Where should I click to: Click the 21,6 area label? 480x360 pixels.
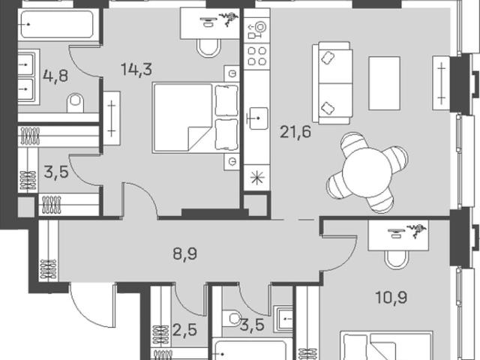(x=295, y=132)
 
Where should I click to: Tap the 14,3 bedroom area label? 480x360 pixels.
(x=136, y=69)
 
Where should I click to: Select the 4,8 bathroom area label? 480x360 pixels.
(x=55, y=76)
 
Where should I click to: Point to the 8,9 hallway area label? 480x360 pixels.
(x=185, y=253)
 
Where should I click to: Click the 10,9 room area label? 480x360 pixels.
(x=391, y=297)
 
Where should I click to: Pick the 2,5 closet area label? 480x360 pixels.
(x=184, y=330)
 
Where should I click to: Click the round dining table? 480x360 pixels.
(x=367, y=172)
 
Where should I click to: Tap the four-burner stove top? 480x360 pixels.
(x=256, y=56)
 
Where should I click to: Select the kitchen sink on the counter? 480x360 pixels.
(x=256, y=118)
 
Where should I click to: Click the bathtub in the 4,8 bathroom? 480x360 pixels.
(x=57, y=25)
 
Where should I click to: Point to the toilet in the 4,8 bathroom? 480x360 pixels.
(x=75, y=103)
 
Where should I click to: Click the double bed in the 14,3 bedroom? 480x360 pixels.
(x=196, y=118)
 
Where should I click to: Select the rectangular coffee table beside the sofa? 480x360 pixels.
(x=385, y=83)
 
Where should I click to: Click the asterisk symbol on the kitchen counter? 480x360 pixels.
(x=256, y=178)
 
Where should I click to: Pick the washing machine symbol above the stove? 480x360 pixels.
(x=256, y=30)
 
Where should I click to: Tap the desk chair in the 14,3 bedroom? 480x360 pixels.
(x=209, y=48)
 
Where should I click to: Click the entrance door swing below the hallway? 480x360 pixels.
(x=91, y=305)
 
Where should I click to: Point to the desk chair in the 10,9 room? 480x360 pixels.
(x=397, y=259)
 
